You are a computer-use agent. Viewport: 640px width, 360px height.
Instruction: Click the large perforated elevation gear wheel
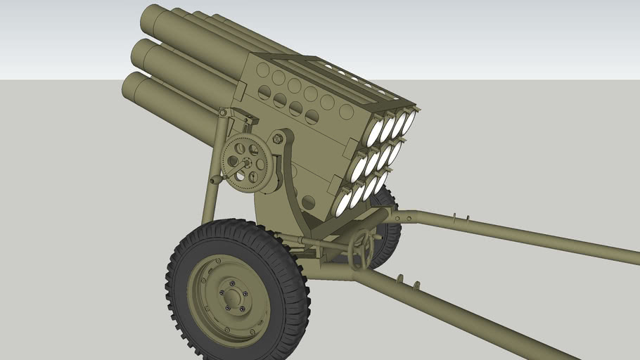(x=245, y=164)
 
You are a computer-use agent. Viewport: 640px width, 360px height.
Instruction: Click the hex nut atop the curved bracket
(x=278, y=139)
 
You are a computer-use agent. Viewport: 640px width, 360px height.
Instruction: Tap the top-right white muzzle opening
(x=409, y=122)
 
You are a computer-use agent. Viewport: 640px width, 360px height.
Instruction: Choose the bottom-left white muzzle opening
(x=343, y=202)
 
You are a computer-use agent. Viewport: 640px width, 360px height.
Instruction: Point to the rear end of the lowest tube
(x=134, y=89)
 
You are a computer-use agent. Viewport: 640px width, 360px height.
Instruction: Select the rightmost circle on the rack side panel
(x=345, y=112)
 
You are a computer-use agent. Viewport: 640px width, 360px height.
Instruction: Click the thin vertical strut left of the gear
(x=210, y=183)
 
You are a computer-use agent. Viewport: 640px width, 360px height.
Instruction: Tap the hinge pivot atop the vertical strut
(x=223, y=112)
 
